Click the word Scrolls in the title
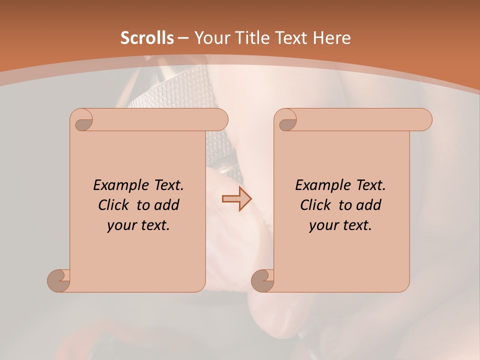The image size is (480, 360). pyautogui.click(x=147, y=38)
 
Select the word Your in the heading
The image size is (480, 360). pyautogui.click(x=210, y=38)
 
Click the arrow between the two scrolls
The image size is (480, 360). pyautogui.click(x=236, y=199)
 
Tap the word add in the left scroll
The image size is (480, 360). pyautogui.click(x=167, y=205)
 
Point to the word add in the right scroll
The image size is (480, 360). pyautogui.click(x=369, y=205)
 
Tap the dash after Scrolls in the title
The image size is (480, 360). pyautogui.click(x=183, y=38)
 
